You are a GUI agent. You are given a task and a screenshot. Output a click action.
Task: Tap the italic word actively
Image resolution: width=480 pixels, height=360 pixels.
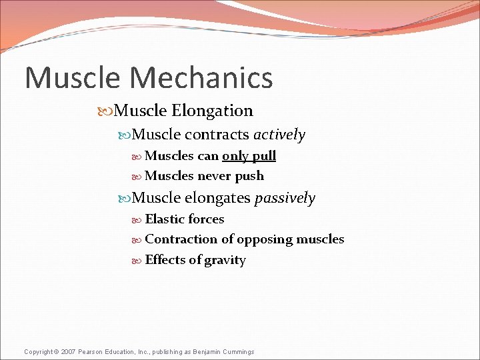coord(279,135)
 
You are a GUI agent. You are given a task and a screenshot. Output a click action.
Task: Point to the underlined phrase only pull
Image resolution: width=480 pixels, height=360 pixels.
coord(249,156)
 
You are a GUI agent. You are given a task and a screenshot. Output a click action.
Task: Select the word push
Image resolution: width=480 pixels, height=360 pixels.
coord(250,177)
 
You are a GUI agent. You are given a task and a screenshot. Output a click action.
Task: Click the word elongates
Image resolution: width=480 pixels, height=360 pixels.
coord(217,198)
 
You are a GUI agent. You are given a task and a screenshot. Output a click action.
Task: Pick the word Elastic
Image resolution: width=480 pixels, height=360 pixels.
coord(164,219)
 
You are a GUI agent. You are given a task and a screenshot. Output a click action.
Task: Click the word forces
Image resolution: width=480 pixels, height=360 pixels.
coord(205,219)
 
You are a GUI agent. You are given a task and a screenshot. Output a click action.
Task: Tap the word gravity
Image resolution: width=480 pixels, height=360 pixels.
coord(225,261)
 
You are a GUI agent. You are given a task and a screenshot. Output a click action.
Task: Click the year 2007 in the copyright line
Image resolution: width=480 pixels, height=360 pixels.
coord(69,351)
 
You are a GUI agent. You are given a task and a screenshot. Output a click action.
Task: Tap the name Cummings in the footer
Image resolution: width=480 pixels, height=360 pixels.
coord(238,351)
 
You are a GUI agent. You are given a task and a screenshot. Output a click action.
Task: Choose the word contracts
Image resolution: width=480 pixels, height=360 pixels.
coord(217,135)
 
